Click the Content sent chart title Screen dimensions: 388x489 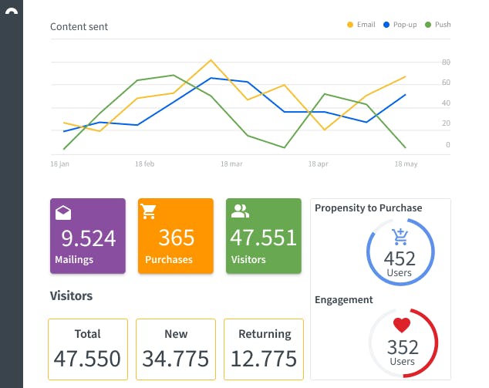[79, 26]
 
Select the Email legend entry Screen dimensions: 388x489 [362, 25]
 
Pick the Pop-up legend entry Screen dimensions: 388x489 [400, 25]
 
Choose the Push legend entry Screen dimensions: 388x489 [438, 25]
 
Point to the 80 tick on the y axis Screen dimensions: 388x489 [446, 62]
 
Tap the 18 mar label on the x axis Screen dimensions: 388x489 [231, 164]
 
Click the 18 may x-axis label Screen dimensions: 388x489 [406, 164]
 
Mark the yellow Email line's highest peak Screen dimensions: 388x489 [211, 60]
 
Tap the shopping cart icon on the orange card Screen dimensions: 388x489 [148, 211]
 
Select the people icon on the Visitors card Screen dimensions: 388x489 [240, 211]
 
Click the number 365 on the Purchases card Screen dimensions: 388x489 [176, 237]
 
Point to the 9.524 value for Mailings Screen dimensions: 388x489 [88, 237]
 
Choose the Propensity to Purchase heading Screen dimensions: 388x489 [368, 207]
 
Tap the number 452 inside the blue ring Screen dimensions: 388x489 [400, 258]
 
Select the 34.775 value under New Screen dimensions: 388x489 [176, 358]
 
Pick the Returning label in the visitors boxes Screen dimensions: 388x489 [264, 334]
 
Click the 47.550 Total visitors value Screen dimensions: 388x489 [87, 358]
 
